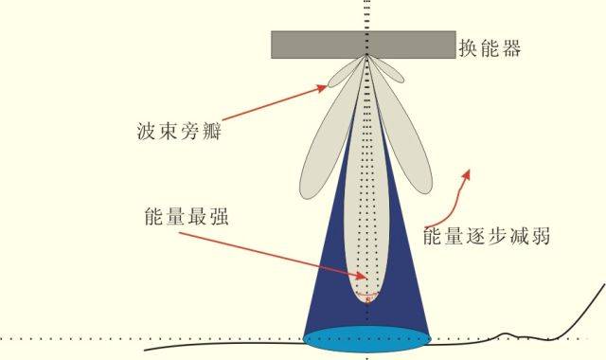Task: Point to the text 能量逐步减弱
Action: coord(487,235)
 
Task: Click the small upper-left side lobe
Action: coord(344,73)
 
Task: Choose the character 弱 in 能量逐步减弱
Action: coord(539,235)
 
